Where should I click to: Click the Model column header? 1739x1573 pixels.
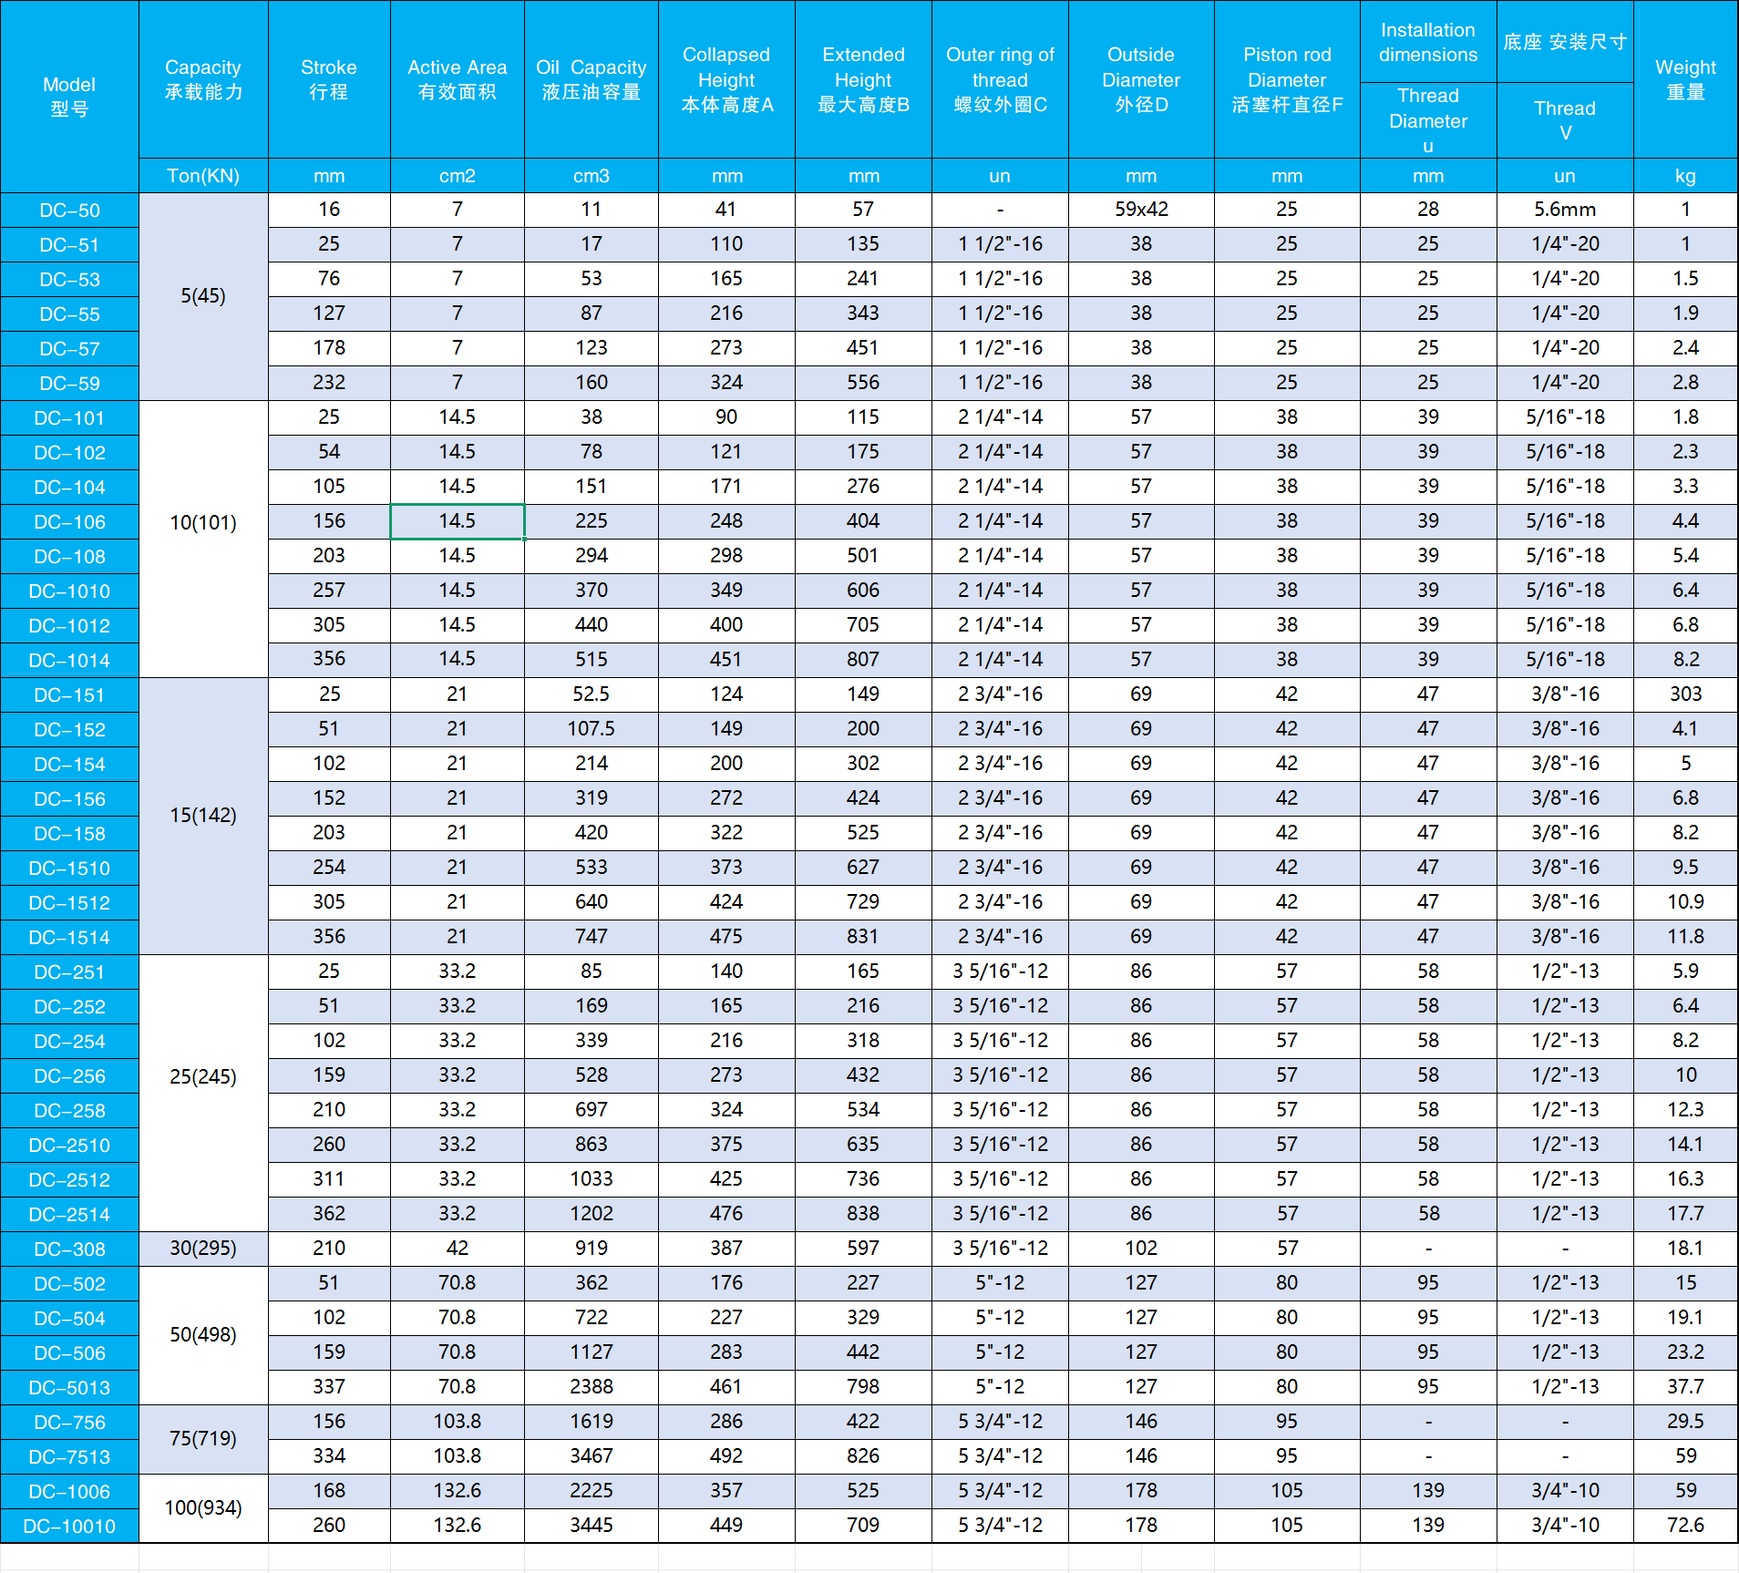tap(69, 97)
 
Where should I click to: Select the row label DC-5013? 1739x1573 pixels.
tap(69, 1388)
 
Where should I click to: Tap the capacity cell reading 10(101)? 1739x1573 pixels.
tap(203, 522)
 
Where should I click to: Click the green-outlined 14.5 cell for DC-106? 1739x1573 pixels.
tap(457, 521)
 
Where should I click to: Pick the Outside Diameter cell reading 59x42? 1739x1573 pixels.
tap(1140, 210)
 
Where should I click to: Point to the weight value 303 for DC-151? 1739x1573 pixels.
tap(1685, 694)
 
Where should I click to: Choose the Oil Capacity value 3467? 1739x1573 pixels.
tap(591, 1456)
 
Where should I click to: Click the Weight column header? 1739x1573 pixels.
tap(1685, 79)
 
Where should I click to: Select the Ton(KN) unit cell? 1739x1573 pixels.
tap(203, 176)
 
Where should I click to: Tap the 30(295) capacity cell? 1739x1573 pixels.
tap(203, 1249)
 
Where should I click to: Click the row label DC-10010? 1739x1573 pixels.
tap(69, 1527)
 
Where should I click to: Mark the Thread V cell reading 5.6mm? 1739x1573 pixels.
tap(1564, 210)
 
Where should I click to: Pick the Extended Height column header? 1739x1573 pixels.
tap(862, 79)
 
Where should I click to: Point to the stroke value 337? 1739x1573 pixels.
tap(329, 1387)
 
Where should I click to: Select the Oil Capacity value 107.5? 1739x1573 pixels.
tap(591, 729)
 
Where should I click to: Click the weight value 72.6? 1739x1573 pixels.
tap(1685, 1526)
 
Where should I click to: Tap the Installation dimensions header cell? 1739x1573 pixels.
tap(1427, 43)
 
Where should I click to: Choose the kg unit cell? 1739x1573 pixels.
tap(1685, 176)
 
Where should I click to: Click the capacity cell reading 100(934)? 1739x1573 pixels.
tap(203, 1508)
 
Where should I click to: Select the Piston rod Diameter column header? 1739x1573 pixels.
tap(1286, 79)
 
